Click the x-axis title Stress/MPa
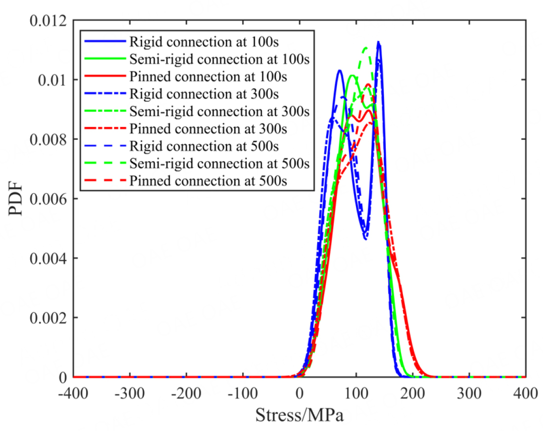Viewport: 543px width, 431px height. point(299,415)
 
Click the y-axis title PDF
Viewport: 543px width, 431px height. point(16,199)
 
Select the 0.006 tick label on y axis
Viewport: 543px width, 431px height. point(47,199)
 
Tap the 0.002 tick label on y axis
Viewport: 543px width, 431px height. point(47,318)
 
